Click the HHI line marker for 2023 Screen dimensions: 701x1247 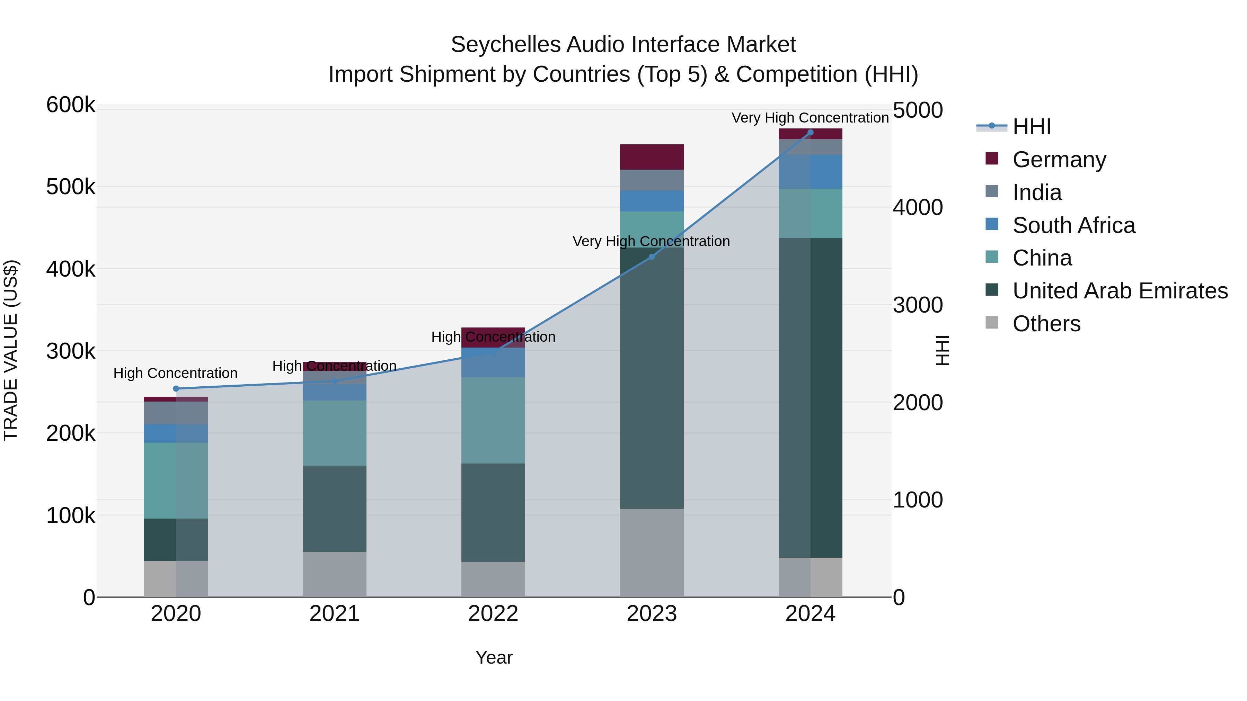652,257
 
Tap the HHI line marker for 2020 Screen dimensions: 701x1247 176,388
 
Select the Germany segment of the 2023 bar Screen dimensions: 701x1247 652,157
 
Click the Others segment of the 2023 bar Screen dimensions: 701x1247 652,552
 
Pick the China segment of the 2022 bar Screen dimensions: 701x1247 493,420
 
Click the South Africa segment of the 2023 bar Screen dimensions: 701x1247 652,201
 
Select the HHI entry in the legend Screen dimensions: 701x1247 1031,127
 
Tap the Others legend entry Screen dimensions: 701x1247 1046,324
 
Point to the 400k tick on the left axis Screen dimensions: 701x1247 71,269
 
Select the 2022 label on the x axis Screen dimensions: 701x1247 493,614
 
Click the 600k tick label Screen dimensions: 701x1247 71,105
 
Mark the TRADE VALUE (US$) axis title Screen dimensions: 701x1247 11,350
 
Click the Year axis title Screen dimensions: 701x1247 494,657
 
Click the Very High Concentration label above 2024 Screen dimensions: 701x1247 810,118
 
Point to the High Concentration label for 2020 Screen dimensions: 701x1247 175,373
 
